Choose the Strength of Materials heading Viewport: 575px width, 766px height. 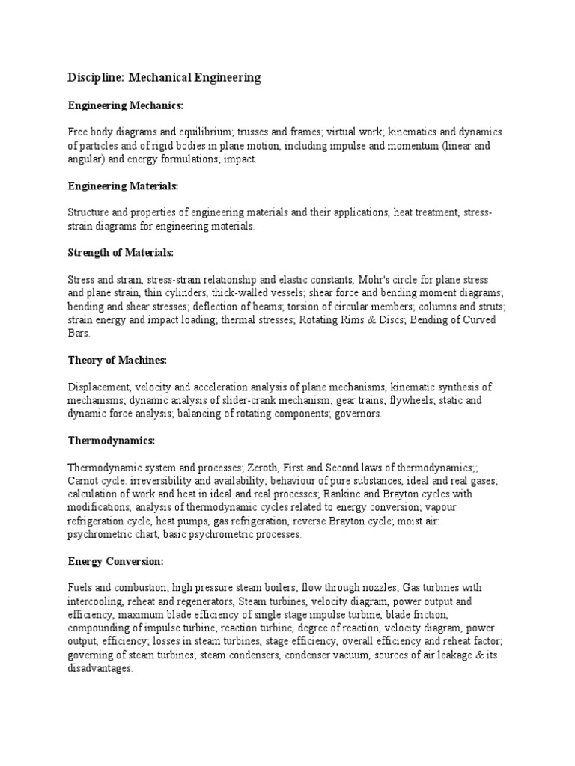pyautogui.click(x=120, y=253)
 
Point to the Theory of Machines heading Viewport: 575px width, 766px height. pyautogui.click(x=117, y=360)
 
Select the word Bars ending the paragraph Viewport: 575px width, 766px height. pyautogui.click(x=78, y=333)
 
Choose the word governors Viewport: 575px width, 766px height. pyautogui.click(x=359, y=414)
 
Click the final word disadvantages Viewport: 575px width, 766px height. pyautogui.click(x=99, y=669)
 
